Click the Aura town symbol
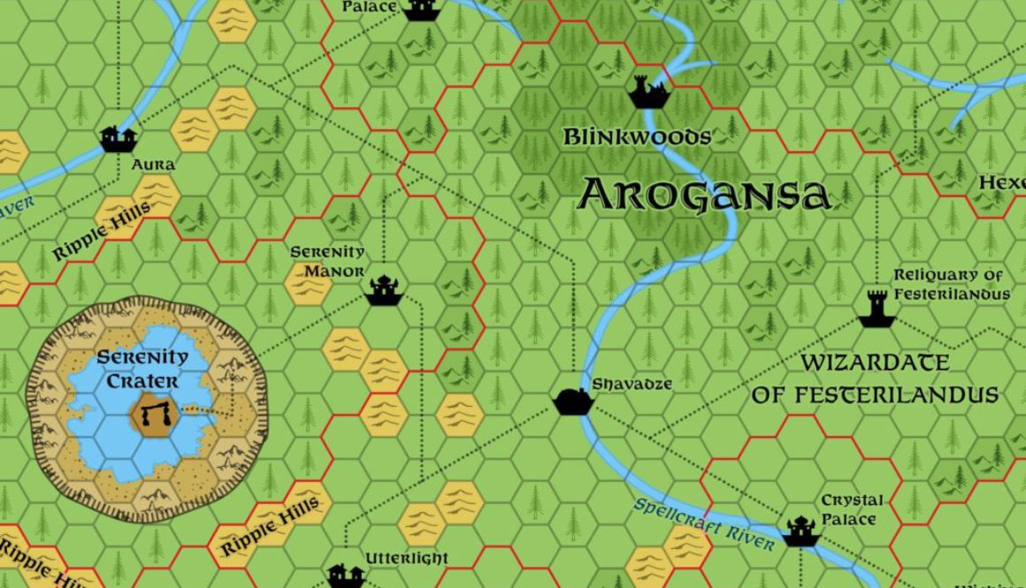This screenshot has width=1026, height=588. [x=118, y=139]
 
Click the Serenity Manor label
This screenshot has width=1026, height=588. [x=327, y=261]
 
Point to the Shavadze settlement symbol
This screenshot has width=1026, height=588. [x=570, y=401]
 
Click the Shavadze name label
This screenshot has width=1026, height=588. [x=632, y=384]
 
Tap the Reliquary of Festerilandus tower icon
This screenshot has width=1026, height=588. [x=877, y=309]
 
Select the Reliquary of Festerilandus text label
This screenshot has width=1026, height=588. [x=950, y=285]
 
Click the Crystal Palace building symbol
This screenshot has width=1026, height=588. [x=800, y=531]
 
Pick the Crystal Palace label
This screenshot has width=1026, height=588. [x=851, y=510]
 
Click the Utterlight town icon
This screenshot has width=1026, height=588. [x=346, y=576]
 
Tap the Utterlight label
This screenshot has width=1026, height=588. [x=407, y=559]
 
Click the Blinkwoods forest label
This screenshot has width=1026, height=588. [x=637, y=137]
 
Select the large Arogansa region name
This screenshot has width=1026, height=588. [x=703, y=195]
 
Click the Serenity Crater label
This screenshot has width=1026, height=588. [x=142, y=370]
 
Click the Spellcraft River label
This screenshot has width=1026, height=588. [x=703, y=523]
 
